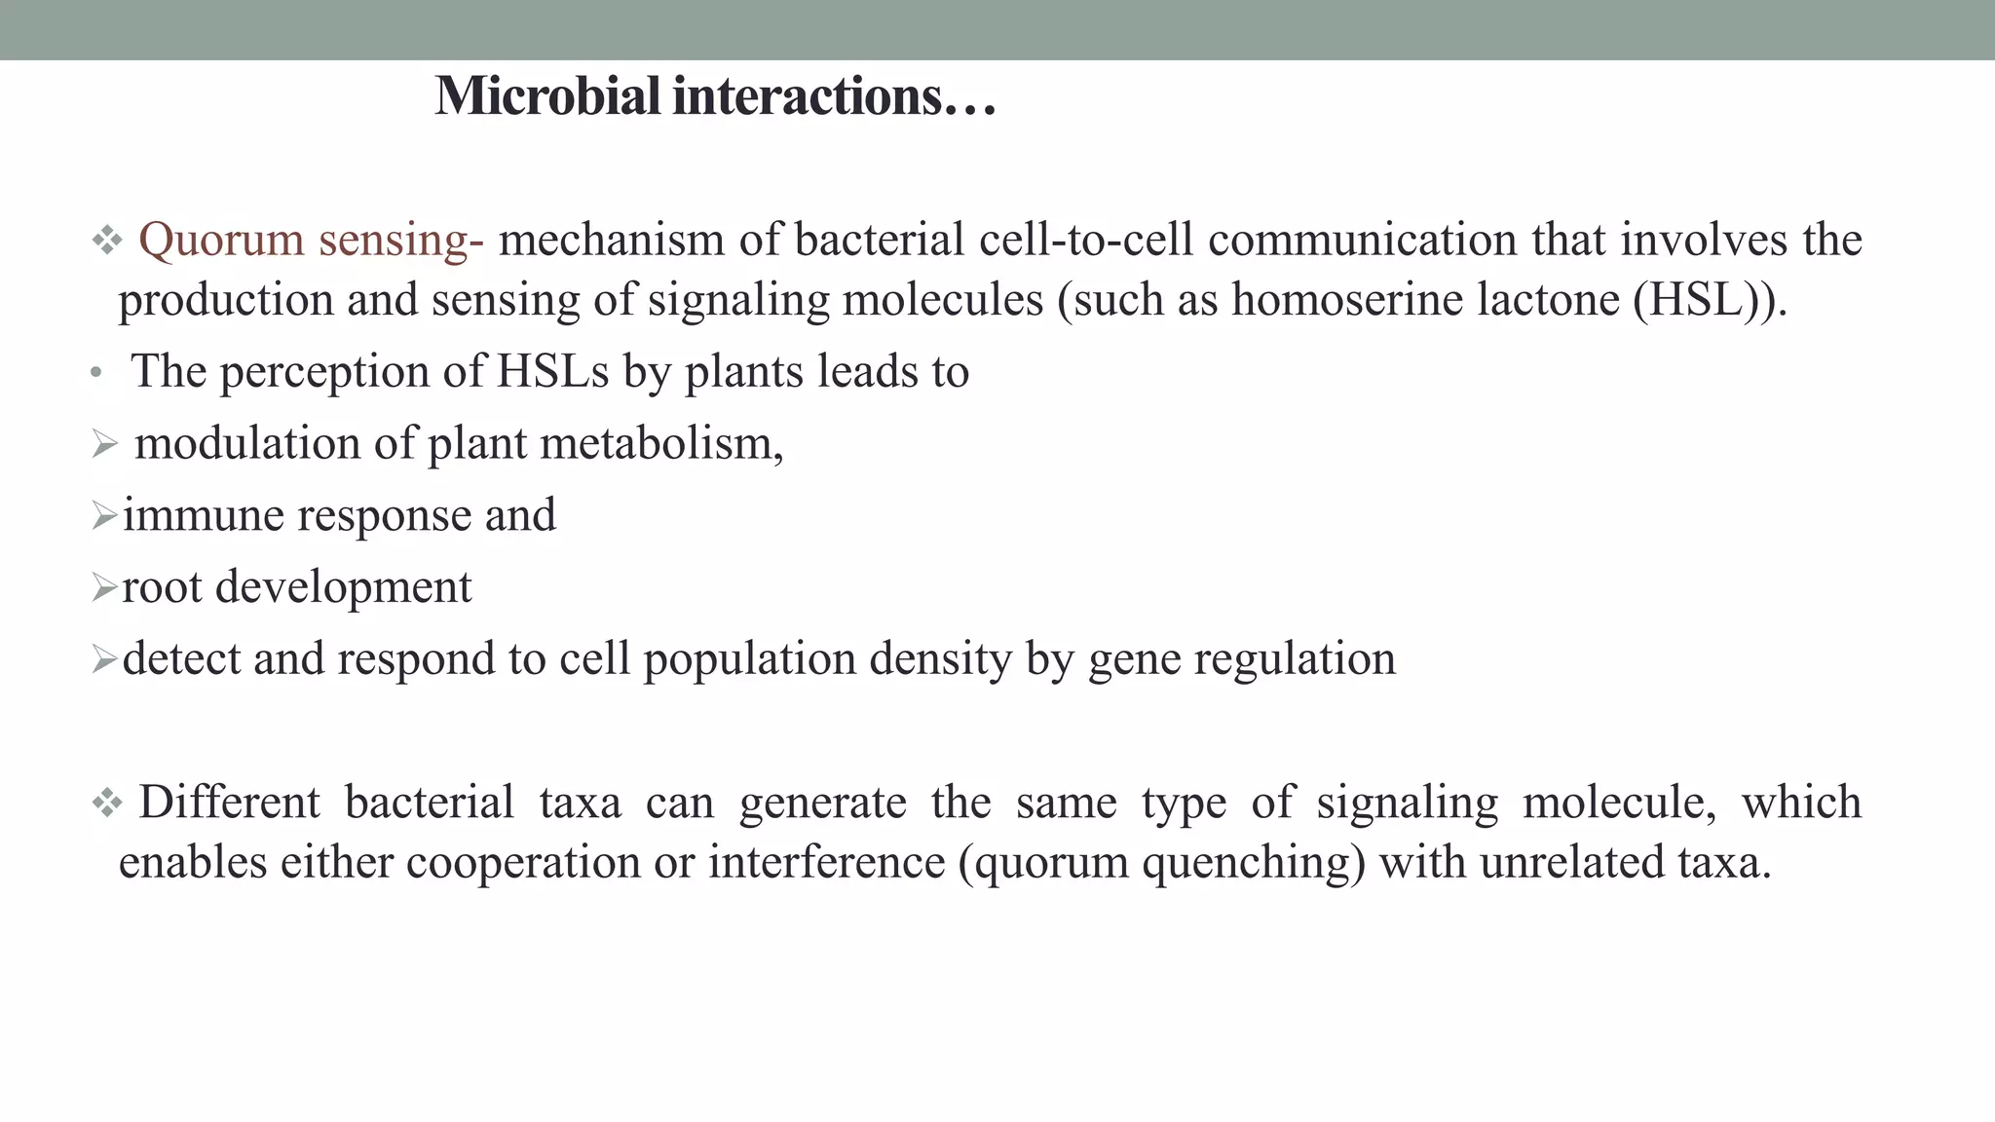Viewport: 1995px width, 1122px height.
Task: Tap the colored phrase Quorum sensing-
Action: pos(311,240)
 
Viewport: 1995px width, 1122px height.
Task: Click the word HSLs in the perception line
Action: pos(552,371)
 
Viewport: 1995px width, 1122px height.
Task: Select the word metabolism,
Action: pos(661,443)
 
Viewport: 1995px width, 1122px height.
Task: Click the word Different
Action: pos(229,803)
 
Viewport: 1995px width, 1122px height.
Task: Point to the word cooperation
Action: pos(523,863)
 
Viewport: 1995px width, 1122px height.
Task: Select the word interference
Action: pos(826,863)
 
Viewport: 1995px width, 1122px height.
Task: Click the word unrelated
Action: pos(1571,863)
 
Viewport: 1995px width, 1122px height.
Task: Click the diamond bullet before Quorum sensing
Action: pos(106,241)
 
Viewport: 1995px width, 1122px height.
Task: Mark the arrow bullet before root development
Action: pos(104,587)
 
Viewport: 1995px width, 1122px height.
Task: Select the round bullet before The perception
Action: pos(95,374)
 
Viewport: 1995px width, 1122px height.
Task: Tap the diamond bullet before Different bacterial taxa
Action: pos(106,804)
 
